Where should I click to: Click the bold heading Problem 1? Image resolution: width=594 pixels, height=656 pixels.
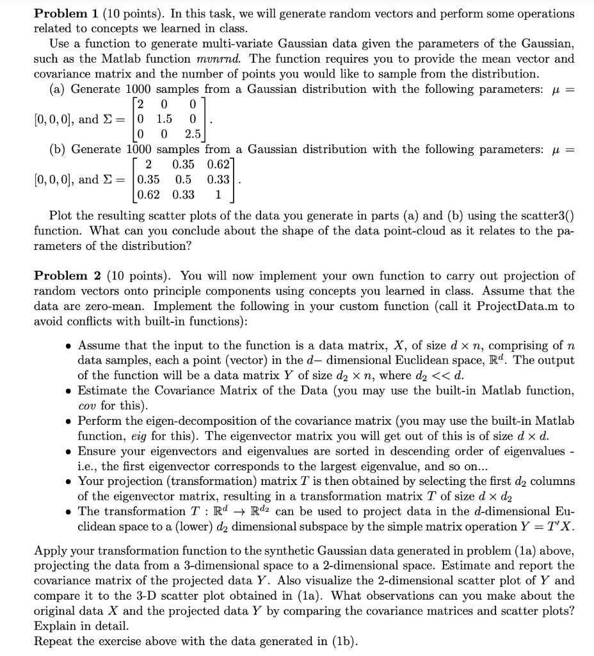click(x=65, y=13)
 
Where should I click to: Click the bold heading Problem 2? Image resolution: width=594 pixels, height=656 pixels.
click(x=65, y=276)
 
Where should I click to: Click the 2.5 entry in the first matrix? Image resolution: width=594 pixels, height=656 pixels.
click(x=193, y=134)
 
